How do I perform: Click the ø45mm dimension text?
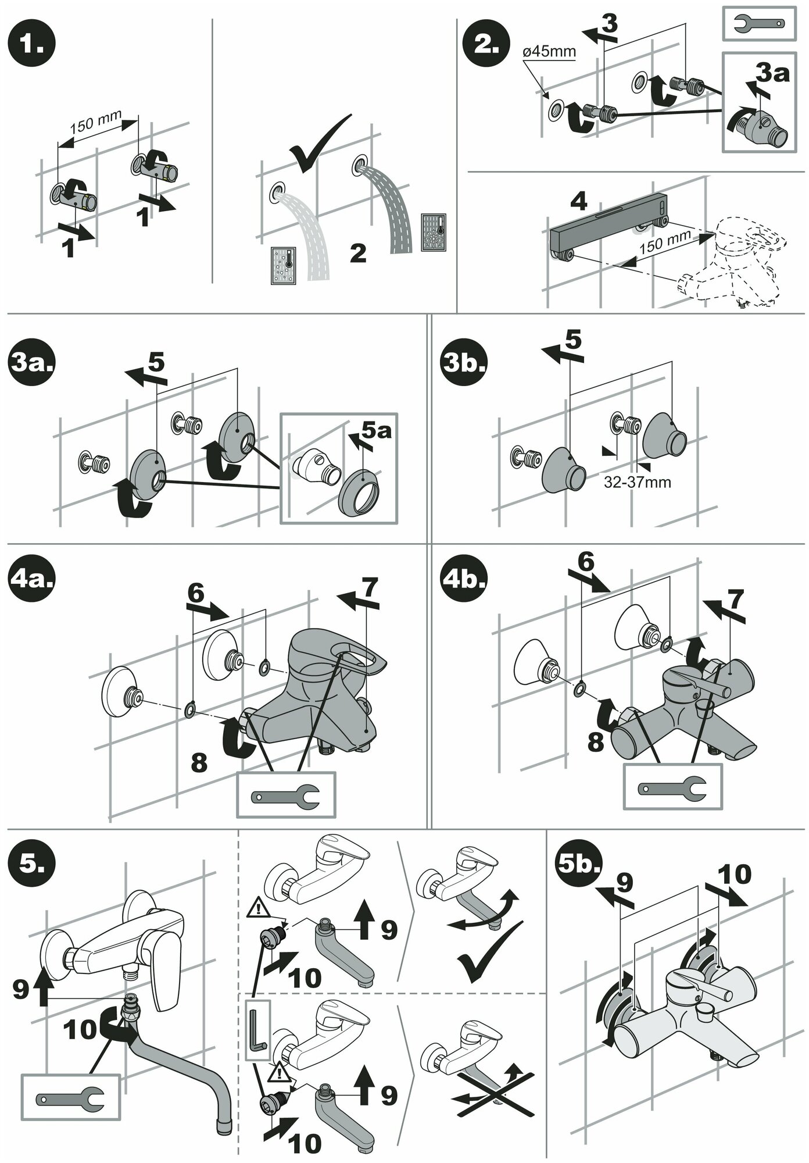tap(549, 52)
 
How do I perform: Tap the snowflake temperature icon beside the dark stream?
tap(433, 231)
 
